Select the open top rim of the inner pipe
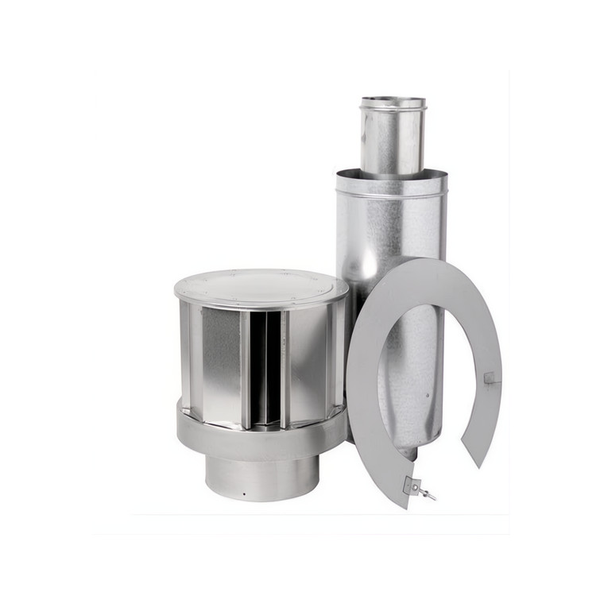point(393,102)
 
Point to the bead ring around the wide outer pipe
point(391,192)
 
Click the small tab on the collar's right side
point(489,377)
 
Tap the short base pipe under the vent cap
point(261,477)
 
